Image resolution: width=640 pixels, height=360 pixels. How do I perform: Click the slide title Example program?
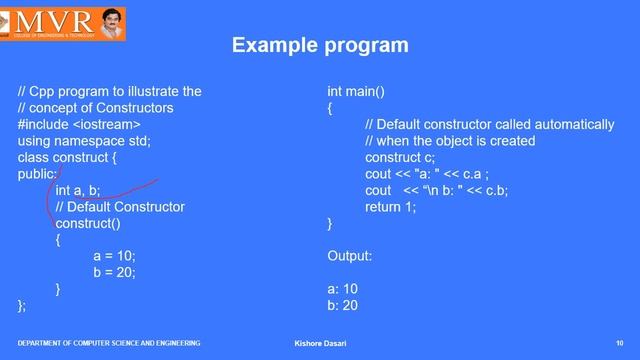(319, 46)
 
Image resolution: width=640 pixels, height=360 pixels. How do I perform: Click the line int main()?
(356, 92)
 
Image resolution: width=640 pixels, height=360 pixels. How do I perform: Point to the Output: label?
(350, 256)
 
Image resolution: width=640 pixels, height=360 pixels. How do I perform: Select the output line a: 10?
(343, 289)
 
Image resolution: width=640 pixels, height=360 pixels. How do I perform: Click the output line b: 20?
(343, 305)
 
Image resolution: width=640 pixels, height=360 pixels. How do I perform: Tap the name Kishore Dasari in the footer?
(315, 344)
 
